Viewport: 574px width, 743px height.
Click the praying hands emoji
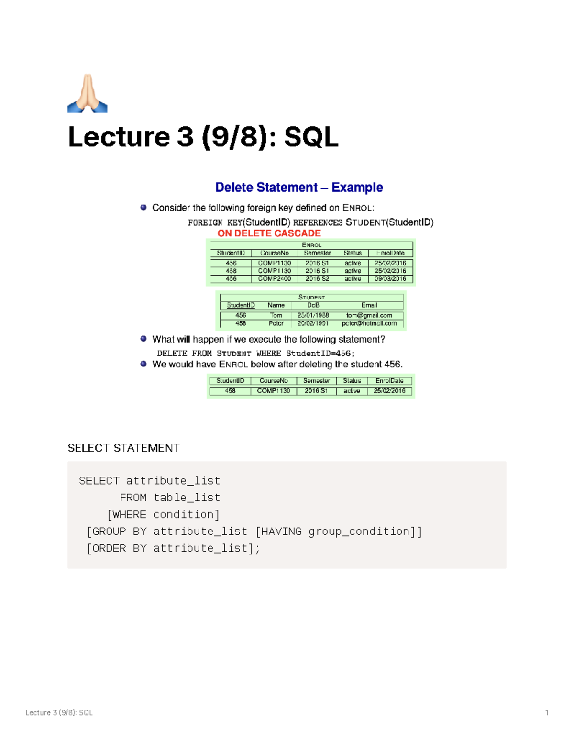(x=88, y=94)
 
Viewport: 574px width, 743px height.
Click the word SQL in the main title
(x=311, y=137)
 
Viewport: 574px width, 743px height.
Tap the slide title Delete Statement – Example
(x=299, y=187)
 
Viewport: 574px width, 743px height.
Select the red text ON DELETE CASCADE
(x=269, y=233)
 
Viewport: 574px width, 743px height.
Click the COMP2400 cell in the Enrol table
(x=275, y=278)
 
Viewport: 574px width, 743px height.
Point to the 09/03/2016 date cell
(x=390, y=278)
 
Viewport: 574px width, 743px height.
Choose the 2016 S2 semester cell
(x=317, y=278)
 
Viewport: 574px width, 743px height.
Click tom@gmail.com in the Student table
(x=369, y=315)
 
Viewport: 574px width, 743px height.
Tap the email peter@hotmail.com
(x=369, y=323)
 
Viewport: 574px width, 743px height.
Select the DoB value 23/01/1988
(x=313, y=315)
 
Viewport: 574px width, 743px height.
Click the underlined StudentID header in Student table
(x=241, y=305)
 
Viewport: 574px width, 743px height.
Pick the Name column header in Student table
(x=276, y=305)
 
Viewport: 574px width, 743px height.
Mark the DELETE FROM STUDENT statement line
(x=256, y=353)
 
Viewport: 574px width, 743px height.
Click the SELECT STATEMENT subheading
(x=123, y=448)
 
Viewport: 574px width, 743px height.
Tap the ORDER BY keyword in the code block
(x=119, y=548)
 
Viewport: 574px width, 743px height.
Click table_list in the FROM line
(x=187, y=498)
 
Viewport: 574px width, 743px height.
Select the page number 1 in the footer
(x=547, y=713)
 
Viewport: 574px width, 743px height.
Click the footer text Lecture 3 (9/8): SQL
(x=59, y=713)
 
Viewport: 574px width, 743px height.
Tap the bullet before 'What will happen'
(x=143, y=339)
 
